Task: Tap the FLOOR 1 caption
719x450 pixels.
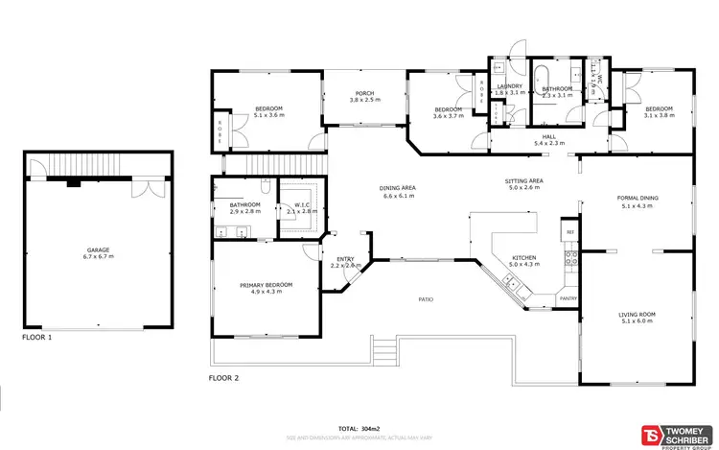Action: [x=36, y=338]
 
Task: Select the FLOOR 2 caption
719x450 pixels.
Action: [x=223, y=378]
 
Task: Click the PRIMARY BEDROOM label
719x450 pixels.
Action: [x=266, y=285]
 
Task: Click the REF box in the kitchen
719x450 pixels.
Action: [x=569, y=233]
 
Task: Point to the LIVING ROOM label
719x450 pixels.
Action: [x=637, y=314]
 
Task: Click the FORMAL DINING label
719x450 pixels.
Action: [x=637, y=199]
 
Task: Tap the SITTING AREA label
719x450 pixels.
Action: [x=524, y=180]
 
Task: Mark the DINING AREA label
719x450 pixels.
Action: [x=397, y=188]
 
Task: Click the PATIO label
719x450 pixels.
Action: [x=426, y=299]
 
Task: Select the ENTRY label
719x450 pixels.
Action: [x=344, y=258]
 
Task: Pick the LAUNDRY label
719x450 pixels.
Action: [x=508, y=86]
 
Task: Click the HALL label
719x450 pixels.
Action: [x=548, y=137]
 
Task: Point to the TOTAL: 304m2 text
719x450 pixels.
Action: [x=359, y=428]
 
